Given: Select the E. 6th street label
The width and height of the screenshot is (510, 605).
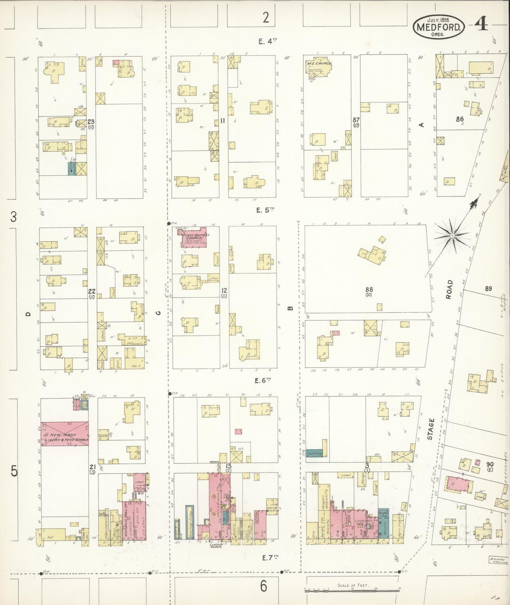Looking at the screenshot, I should (263, 381).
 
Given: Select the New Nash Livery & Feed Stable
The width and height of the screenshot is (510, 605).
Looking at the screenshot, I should (64, 434).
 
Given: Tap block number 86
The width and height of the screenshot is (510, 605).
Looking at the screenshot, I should (459, 120).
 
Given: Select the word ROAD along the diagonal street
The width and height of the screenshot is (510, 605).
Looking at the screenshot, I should (449, 290).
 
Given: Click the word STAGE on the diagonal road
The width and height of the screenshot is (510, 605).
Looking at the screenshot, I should (430, 429).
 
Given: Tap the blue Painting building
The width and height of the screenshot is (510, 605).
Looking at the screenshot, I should (314, 454).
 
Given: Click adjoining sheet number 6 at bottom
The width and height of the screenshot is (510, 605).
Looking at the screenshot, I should (264, 587).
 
